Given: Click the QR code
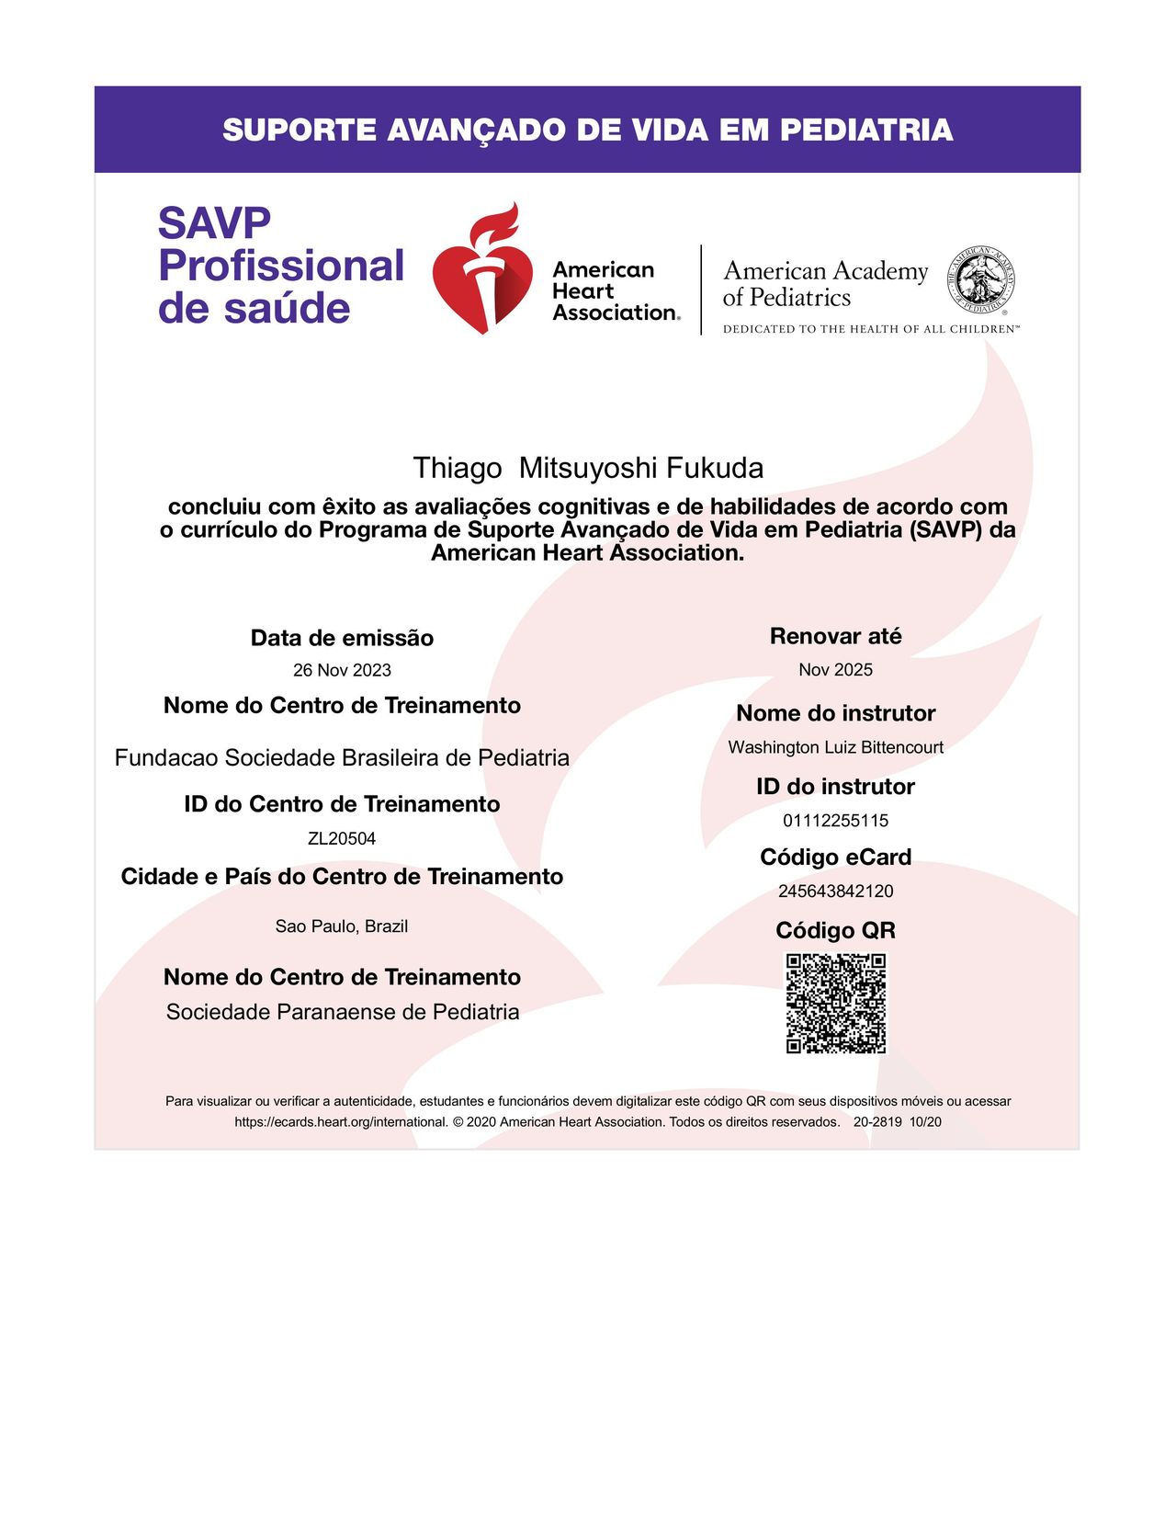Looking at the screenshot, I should click(x=836, y=1003).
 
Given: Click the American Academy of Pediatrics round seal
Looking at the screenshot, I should click(x=982, y=278).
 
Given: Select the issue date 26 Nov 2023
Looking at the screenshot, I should click(x=342, y=670).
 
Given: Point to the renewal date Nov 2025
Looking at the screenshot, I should click(x=835, y=669).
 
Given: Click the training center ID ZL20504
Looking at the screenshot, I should click(x=342, y=838).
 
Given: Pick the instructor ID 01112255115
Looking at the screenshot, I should click(x=835, y=821).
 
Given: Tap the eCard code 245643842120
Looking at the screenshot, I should click(x=835, y=891).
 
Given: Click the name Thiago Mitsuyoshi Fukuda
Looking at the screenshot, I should click(x=588, y=468).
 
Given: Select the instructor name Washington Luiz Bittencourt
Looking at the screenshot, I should click(x=835, y=747).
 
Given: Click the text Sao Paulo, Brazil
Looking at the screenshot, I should click(x=342, y=926).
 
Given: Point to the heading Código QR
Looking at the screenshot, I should click(x=835, y=930).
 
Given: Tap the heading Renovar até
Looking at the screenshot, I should click(x=835, y=636).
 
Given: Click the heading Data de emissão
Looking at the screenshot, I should click(x=342, y=638).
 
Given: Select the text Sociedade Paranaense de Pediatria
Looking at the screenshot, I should click(x=343, y=1012).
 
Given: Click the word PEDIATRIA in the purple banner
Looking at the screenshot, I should click(x=866, y=130).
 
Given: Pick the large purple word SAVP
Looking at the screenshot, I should click(x=214, y=223).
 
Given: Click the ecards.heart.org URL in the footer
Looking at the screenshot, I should click(x=341, y=1122).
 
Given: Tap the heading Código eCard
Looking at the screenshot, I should click(x=835, y=857).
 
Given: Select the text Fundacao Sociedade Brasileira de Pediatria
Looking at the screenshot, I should click(x=342, y=757).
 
